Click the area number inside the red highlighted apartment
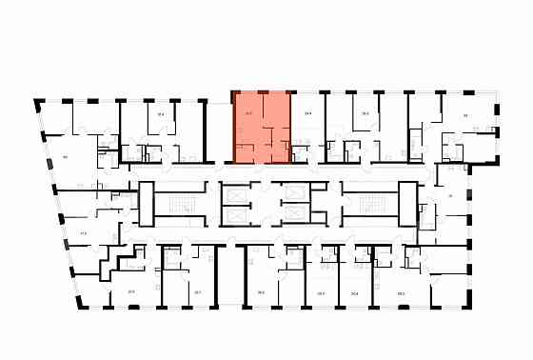coord(248,114)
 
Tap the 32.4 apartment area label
coord(161,114)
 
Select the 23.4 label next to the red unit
coord(307,114)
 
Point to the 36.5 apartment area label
coord(365,114)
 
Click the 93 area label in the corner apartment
coord(465,115)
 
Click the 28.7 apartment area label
coord(197,291)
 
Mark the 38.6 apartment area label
coord(260,292)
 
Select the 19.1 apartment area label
coord(321,292)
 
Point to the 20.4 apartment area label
coord(355,292)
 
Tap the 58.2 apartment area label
coord(402,292)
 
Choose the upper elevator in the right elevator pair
coord(296,190)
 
